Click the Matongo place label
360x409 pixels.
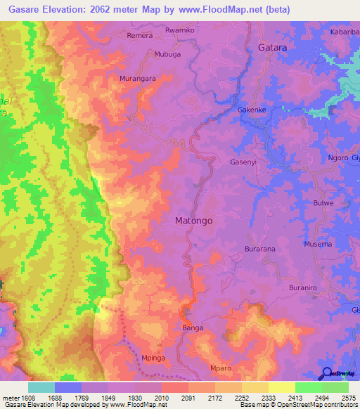coord(193,220)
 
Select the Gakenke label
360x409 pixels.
coord(255,110)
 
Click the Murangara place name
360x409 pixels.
coord(138,79)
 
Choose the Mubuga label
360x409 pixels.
coord(167,53)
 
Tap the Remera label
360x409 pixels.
coord(140,34)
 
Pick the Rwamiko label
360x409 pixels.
coord(199,30)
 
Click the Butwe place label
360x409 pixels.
coord(323,203)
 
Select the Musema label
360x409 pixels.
coord(317,244)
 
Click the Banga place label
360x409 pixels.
coord(193,328)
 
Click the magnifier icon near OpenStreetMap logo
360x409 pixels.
coord(328,373)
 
